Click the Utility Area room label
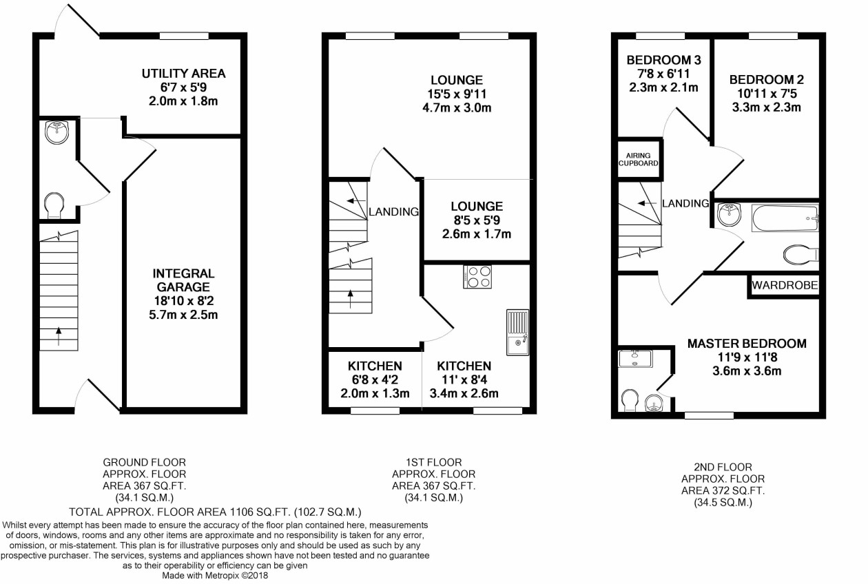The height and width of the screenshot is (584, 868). [x=183, y=74]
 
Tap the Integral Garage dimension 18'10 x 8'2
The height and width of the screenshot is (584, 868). [x=184, y=301]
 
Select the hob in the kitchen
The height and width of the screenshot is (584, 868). [x=477, y=277]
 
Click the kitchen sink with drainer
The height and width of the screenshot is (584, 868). [x=518, y=332]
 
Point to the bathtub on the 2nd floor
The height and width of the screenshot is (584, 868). [x=785, y=218]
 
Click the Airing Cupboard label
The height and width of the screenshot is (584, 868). [x=638, y=160]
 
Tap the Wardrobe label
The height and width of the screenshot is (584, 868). [x=785, y=285]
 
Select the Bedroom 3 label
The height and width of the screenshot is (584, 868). [x=664, y=60]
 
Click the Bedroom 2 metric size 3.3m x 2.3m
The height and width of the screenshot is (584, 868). [x=767, y=107]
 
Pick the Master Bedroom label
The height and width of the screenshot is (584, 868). [x=747, y=344]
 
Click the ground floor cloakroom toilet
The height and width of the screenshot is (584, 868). [x=54, y=205]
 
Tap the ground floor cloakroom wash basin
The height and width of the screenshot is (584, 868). [x=57, y=132]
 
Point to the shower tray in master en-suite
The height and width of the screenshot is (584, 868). [x=635, y=359]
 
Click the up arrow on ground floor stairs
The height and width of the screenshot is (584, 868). [x=59, y=336]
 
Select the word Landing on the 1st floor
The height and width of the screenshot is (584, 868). [x=394, y=212]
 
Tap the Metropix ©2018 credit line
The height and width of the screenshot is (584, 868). [x=215, y=576]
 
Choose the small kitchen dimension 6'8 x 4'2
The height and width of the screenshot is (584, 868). [x=374, y=380]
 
